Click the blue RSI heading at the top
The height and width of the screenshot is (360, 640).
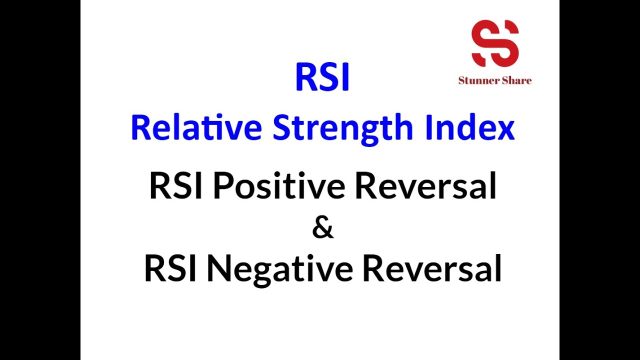coord(322,77)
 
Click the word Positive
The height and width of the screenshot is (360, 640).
coord(279,186)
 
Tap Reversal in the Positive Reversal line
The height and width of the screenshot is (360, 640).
coord(425,186)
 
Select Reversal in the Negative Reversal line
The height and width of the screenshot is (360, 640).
coord(431,268)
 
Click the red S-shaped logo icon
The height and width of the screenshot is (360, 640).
coord(494,43)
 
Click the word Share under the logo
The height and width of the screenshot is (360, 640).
coord(516,80)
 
